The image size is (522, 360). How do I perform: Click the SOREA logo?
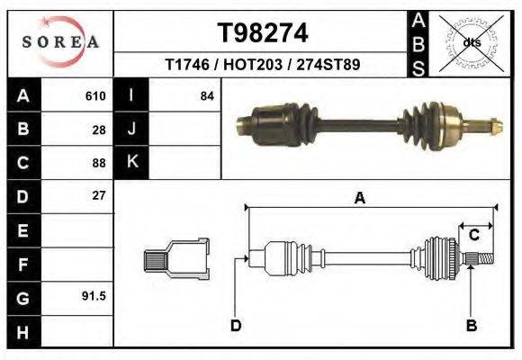(x=60, y=41)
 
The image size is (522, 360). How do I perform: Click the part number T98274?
(x=263, y=33)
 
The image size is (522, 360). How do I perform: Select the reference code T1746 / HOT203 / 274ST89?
(x=263, y=65)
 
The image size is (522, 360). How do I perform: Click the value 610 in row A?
(x=95, y=95)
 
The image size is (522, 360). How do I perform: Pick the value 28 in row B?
(x=99, y=129)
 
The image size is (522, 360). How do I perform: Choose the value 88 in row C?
(x=99, y=163)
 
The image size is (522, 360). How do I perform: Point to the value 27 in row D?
(x=99, y=195)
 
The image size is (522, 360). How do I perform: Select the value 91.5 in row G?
(x=94, y=295)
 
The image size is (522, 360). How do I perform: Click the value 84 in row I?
(x=206, y=95)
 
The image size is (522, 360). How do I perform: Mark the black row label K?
(x=131, y=162)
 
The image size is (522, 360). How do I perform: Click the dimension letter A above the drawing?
(x=360, y=199)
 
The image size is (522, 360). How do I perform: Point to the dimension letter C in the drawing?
(x=473, y=235)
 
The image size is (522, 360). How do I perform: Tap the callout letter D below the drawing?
(x=236, y=325)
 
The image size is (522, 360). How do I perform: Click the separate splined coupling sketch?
(x=176, y=259)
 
